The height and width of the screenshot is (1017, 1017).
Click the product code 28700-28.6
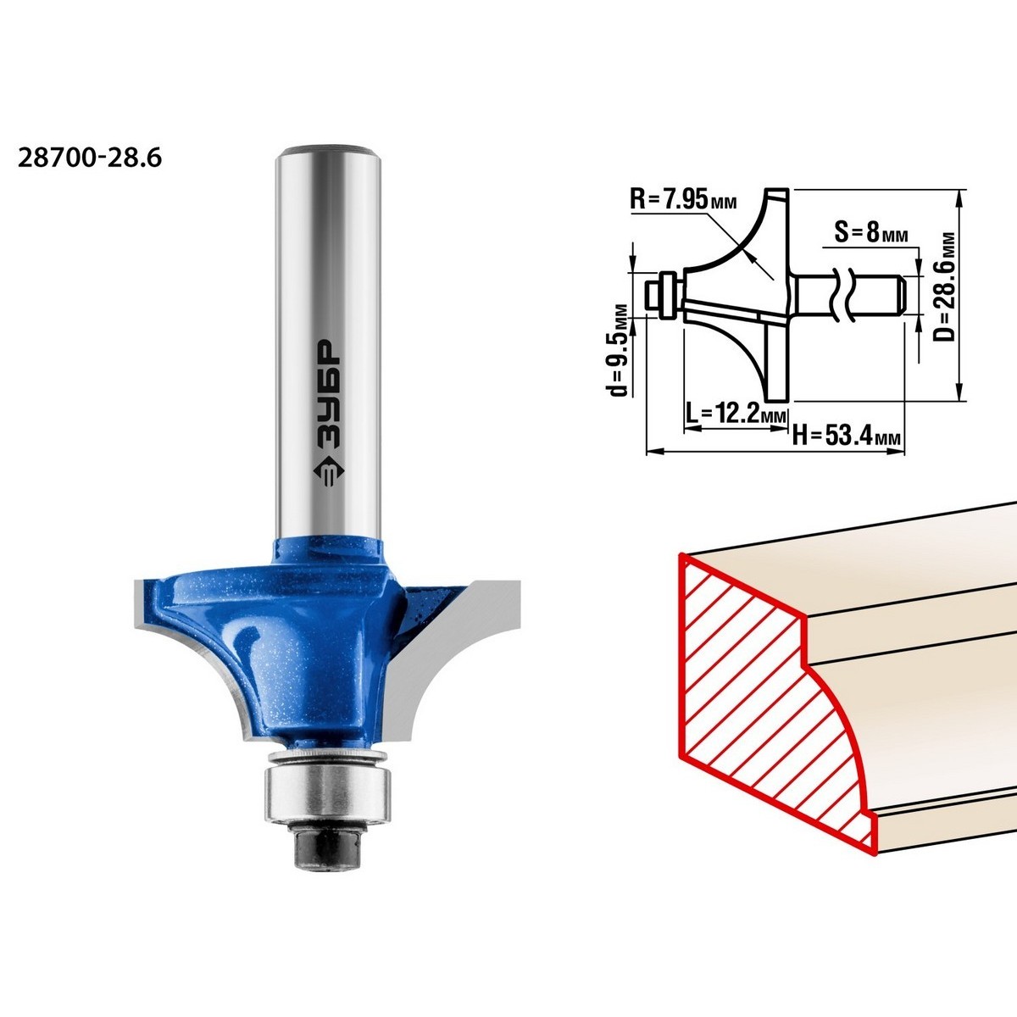[x=90, y=158]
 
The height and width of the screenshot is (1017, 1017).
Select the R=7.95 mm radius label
[x=683, y=201]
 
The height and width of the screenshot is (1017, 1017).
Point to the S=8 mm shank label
[x=871, y=232]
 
